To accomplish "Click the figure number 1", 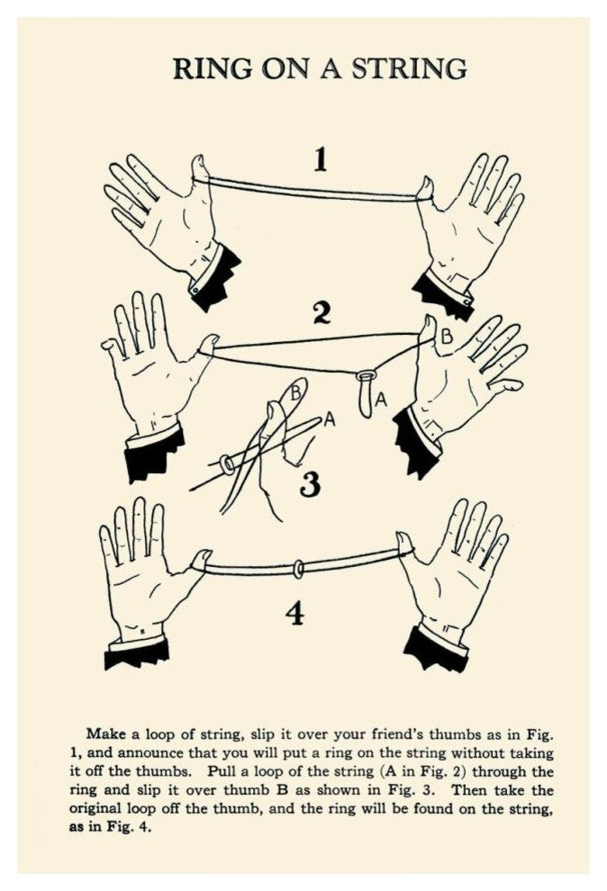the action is [x=322, y=159].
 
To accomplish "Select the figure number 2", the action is [x=322, y=313].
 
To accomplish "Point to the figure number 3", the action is [x=310, y=483].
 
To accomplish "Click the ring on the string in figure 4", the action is [x=298, y=569].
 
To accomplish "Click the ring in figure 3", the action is [x=227, y=464].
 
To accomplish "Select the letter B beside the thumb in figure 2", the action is [x=448, y=337].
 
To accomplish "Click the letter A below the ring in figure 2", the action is [x=381, y=400].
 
